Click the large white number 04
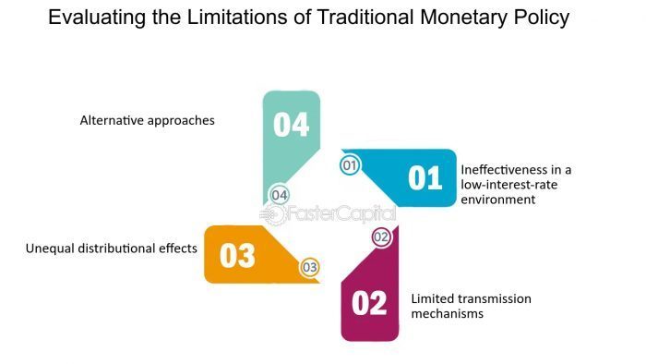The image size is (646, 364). pyautogui.click(x=291, y=124)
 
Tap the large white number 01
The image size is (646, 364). pyautogui.click(x=425, y=176)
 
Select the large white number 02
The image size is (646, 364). pyautogui.click(x=368, y=302)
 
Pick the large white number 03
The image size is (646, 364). pyautogui.click(x=237, y=255)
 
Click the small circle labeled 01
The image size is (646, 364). pyautogui.click(x=350, y=166)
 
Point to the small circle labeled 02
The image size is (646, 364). pyautogui.click(x=381, y=237)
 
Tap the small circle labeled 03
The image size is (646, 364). pyautogui.click(x=310, y=267)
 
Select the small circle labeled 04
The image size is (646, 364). pyautogui.click(x=280, y=195)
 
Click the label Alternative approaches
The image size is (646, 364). pyautogui.click(x=147, y=120)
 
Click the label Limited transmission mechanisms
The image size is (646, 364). pyautogui.click(x=471, y=306)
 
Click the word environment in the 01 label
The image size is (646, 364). pyautogui.click(x=497, y=199)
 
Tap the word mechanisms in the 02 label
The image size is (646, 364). pyautogui.click(x=448, y=314)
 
